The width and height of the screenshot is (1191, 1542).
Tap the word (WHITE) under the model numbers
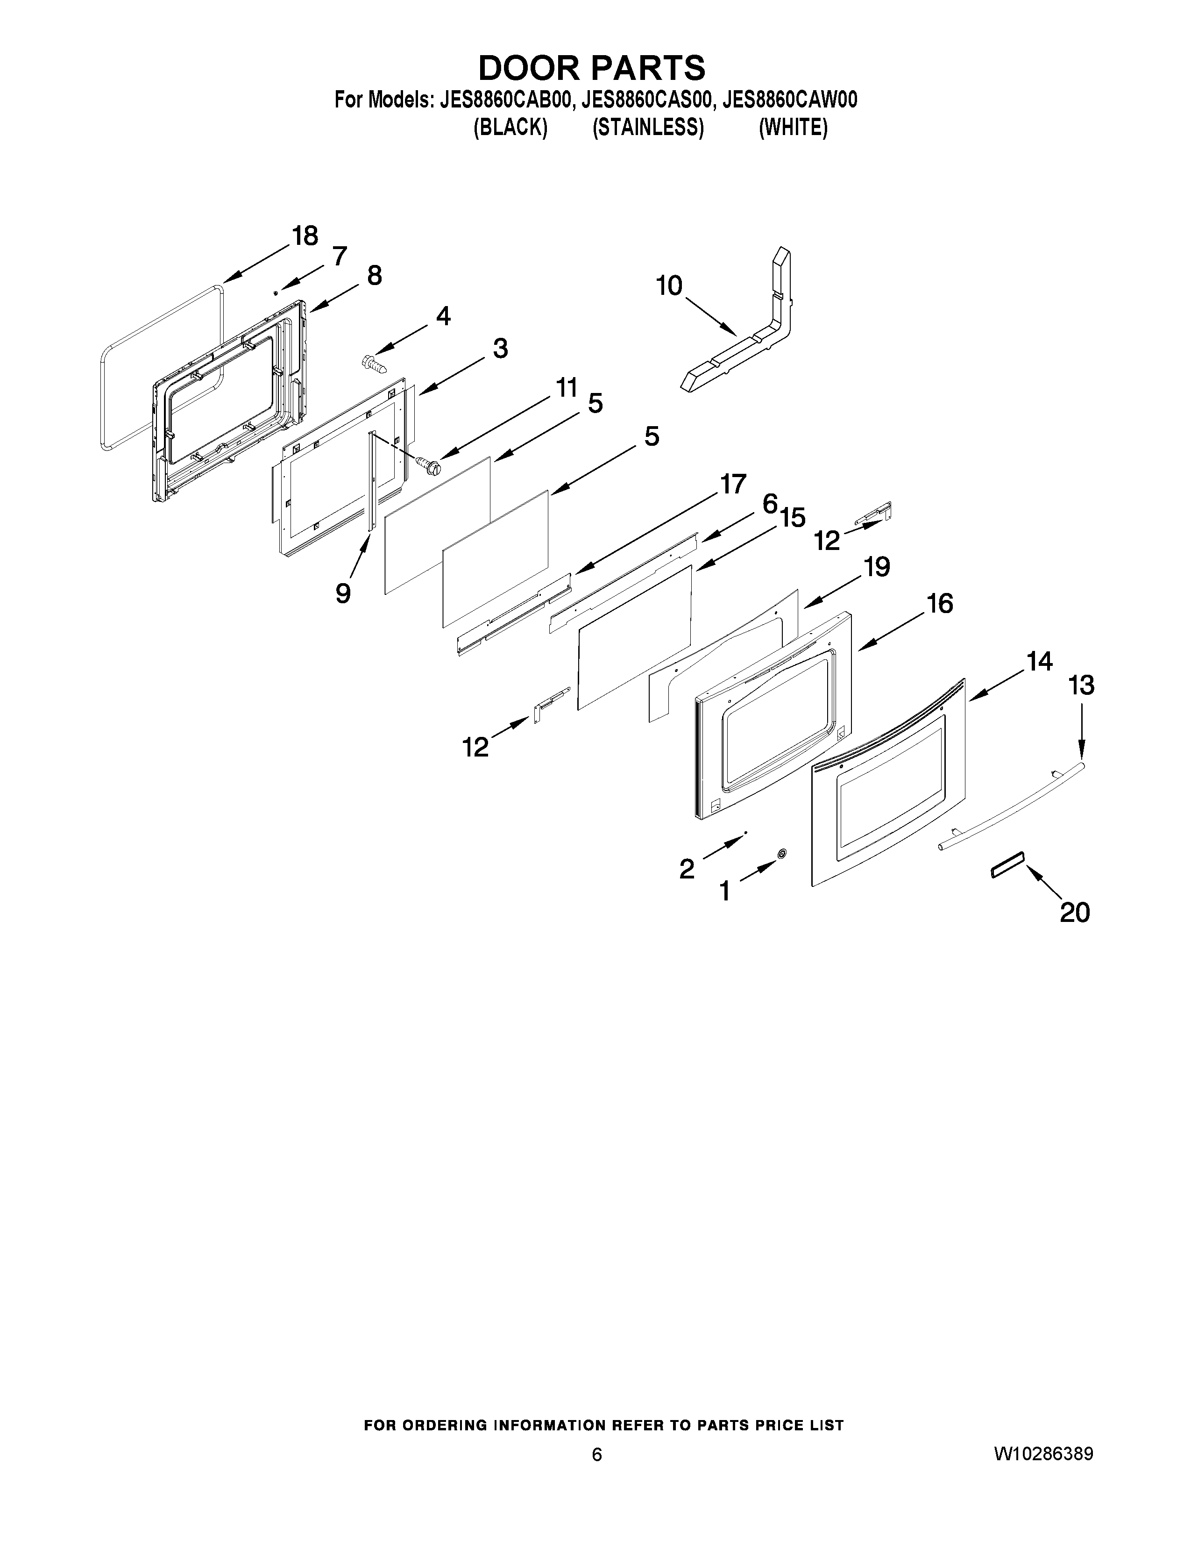(792, 128)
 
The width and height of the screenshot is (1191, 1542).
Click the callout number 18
(305, 236)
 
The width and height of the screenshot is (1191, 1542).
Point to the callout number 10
(669, 286)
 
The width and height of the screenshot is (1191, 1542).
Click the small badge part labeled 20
(1007, 864)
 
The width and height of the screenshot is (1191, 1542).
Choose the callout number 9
(343, 593)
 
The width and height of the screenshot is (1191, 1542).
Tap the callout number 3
(500, 348)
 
